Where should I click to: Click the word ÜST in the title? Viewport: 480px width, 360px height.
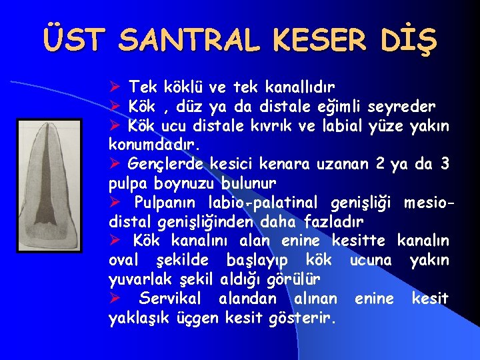tap(74, 41)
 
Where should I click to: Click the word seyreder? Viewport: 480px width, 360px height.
tap(405, 106)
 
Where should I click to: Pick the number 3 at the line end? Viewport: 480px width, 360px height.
tap(446, 163)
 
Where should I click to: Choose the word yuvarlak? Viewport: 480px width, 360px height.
tap(139, 279)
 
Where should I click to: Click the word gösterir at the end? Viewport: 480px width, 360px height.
tap(303, 317)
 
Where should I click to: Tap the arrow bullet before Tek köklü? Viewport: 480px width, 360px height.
tap(114, 87)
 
